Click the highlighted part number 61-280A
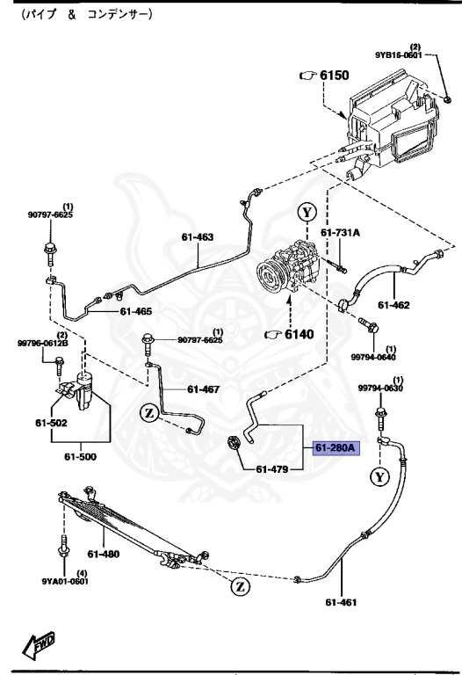tap(334, 447)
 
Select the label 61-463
tap(198, 236)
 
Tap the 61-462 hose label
tap(394, 306)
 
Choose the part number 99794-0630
tap(379, 388)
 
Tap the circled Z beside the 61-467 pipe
tap(150, 410)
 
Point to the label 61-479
tap(273, 468)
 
